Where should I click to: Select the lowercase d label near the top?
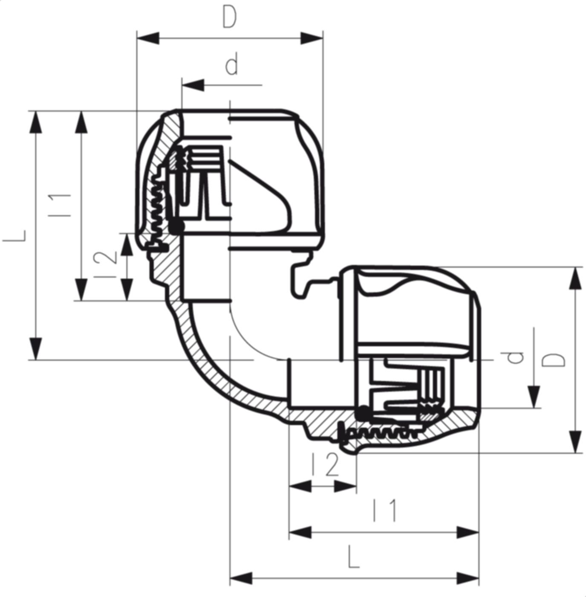click(x=231, y=66)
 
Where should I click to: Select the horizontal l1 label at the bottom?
click(x=384, y=510)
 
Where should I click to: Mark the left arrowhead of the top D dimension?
click(x=147, y=38)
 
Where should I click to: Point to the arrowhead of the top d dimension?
click(x=193, y=85)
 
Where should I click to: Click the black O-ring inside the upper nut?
click(x=176, y=226)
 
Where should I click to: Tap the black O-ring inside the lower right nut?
click(x=363, y=412)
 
